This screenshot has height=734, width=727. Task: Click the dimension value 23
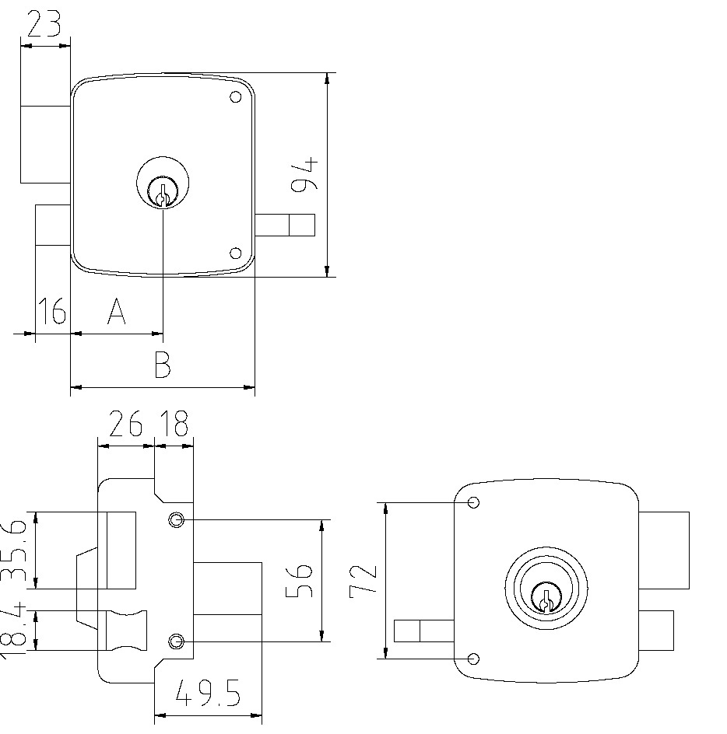(x=45, y=25)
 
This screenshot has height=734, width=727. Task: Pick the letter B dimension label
(x=162, y=365)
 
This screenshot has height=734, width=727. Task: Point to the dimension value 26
(x=125, y=425)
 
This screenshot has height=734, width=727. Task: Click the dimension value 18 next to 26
(x=174, y=425)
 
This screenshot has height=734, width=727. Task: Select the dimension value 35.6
(x=16, y=550)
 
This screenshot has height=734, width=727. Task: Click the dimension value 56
(x=300, y=580)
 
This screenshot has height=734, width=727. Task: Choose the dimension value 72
(x=364, y=580)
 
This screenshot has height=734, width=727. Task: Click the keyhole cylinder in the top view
(x=162, y=187)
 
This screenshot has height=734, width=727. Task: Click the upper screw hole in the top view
(x=235, y=98)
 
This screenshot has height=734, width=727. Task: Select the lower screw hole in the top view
(x=235, y=253)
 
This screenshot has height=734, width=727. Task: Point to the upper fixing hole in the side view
(x=177, y=519)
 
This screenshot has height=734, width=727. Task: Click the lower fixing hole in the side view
(x=177, y=641)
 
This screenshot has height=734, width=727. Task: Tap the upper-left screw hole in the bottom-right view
(x=473, y=502)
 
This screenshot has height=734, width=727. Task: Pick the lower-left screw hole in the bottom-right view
(x=473, y=659)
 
